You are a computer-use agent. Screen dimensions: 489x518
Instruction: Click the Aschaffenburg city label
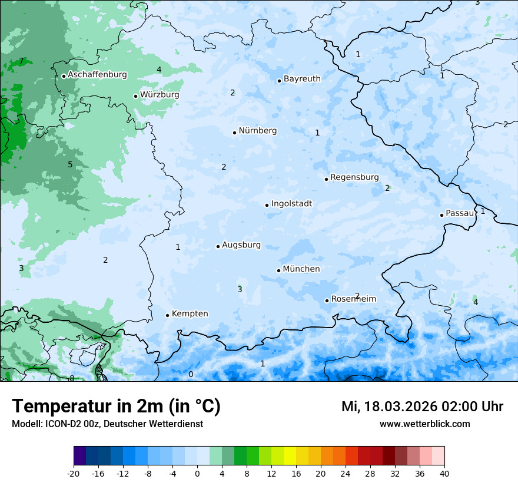[x=97, y=75]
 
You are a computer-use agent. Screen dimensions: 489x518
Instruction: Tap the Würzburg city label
[x=160, y=95]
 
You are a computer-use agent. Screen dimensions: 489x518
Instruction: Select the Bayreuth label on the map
[x=302, y=79]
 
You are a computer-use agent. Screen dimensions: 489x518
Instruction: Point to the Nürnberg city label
[x=257, y=131]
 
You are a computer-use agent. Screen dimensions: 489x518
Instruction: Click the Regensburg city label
[x=354, y=177]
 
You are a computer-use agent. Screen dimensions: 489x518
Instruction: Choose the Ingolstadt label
[x=291, y=204]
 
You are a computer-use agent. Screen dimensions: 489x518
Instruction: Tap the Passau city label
[x=460, y=213]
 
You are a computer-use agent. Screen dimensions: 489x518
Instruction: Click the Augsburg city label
[x=241, y=245]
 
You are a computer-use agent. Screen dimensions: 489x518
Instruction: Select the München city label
[x=301, y=269]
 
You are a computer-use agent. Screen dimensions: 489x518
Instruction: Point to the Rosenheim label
[x=353, y=299]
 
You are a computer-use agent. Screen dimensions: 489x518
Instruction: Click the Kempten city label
[x=190, y=314]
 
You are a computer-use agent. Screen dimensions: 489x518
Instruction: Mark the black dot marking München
[x=278, y=270]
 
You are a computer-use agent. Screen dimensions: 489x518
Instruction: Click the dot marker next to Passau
[x=441, y=215]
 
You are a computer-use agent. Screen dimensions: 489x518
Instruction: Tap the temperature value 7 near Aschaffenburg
[x=21, y=61]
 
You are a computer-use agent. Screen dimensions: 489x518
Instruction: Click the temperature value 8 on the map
[x=72, y=378]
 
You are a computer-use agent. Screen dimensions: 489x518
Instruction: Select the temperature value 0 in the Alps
[x=190, y=374]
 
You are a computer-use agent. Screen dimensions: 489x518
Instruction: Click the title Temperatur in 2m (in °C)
[x=116, y=407]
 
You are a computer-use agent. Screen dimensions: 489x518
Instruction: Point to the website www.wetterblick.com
[x=424, y=424]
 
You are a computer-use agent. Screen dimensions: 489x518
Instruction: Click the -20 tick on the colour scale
[x=74, y=474]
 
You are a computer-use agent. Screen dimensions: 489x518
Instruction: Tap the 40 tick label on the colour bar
[x=444, y=474]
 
